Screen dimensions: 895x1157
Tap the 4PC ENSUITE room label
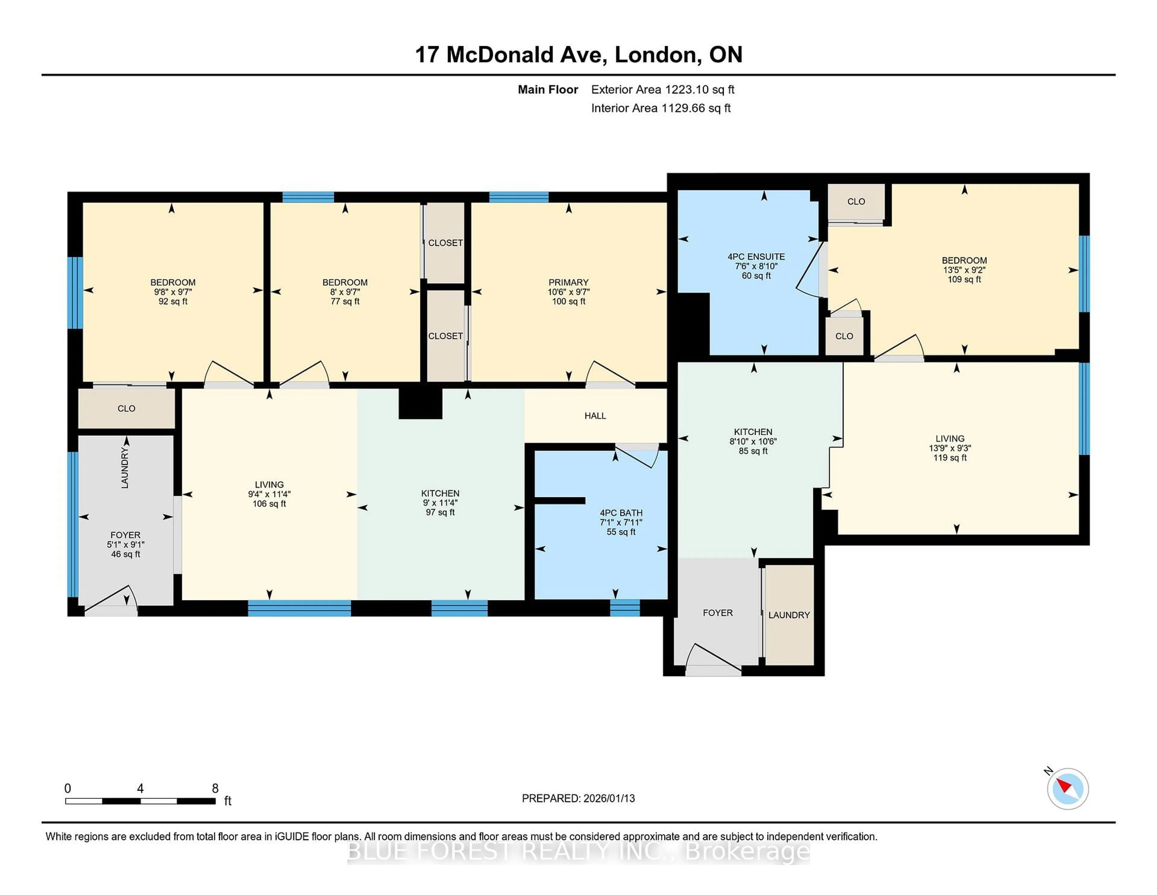click(756, 257)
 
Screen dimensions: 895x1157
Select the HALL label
click(595, 416)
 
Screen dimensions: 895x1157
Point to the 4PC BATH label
click(621, 513)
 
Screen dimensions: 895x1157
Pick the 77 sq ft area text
click(345, 302)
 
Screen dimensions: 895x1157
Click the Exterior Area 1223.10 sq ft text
click(663, 90)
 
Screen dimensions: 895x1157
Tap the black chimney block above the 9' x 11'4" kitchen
click(420, 403)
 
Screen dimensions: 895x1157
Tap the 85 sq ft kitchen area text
click(753, 451)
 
